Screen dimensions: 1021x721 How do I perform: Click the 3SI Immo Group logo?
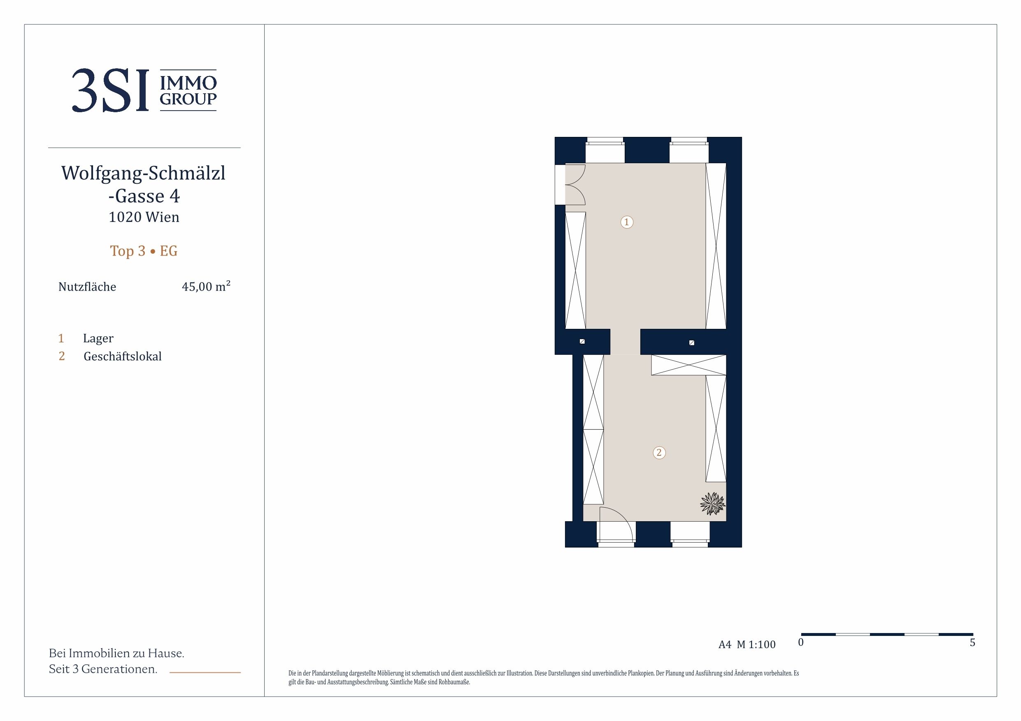pos(144,90)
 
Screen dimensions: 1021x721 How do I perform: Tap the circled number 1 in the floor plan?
pos(627,222)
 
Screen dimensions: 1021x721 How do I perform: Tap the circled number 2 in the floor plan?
pos(659,453)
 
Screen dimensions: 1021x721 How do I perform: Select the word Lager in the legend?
pos(98,339)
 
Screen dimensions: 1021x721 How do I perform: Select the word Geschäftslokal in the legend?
pos(122,356)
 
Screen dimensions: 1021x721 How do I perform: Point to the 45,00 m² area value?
pos(206,286)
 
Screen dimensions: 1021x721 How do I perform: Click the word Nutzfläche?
pos(87,287)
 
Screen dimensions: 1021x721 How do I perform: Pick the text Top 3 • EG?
pos(144,251)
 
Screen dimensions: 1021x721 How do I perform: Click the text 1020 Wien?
pos(144,217)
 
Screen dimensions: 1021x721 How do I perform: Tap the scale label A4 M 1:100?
pos(747,645)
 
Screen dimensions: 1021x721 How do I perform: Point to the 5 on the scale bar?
pos(972,642)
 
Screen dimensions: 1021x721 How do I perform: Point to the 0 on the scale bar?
pos(800,642)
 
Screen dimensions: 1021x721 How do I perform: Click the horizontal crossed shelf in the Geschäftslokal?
pos(688,365)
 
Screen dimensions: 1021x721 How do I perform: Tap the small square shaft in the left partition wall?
pos(582,342)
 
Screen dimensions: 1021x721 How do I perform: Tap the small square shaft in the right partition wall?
pos(691,342)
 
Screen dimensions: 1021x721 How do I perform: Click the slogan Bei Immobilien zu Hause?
pos(116,653)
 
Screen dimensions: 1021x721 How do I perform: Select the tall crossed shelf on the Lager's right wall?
pos(716,246)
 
